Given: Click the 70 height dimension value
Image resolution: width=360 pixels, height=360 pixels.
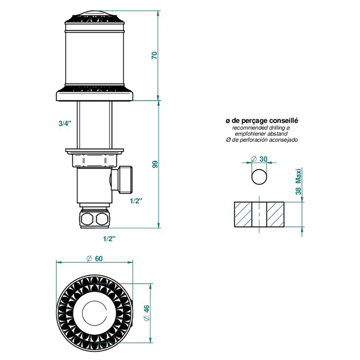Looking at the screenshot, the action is click(155, 56).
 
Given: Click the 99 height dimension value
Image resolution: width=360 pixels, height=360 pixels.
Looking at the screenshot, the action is click(155, 165).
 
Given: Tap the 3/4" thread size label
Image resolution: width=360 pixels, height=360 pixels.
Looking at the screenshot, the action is click(65, 123).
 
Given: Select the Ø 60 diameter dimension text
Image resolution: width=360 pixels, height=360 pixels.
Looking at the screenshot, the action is click(95, 259).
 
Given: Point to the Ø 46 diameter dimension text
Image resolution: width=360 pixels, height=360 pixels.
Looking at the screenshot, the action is click(147, 313).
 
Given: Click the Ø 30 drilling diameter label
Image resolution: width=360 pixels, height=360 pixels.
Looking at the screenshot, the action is click(259, 159).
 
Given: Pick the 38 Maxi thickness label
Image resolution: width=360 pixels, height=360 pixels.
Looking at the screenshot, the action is click(298, 182).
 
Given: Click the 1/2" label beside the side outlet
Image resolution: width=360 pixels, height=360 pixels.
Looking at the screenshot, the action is click(136, 201).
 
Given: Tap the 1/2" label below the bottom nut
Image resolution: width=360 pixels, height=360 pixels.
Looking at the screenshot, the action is click(109, 239).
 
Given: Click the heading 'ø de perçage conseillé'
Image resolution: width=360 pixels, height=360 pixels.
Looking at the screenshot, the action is click(262, 120).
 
